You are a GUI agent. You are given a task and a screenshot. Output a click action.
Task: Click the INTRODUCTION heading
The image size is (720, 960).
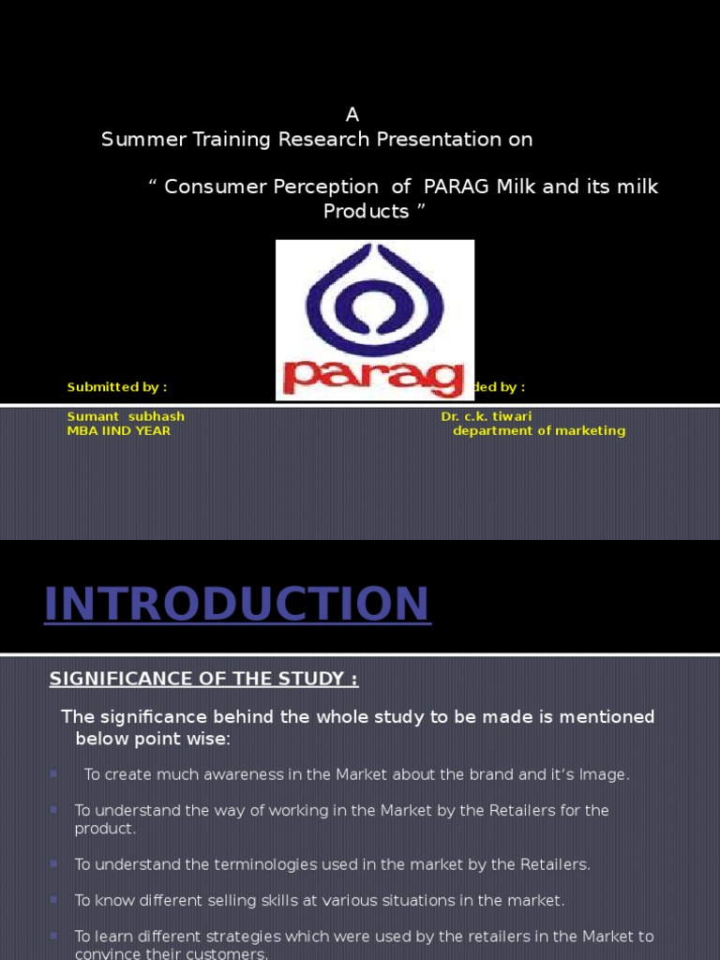pyautogui.click(x=237, y=604)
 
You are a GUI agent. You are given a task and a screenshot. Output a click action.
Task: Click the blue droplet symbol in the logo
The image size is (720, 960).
pyautogui.click(x=374, y=296)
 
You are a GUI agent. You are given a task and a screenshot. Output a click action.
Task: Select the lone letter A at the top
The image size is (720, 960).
pyautogui.click(x=352, y=115)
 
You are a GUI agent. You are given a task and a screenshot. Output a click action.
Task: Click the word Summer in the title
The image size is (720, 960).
pyautogui.click(x=137, y=140)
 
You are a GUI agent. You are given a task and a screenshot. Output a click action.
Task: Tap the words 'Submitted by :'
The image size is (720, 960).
pyautogui.click(x=117, y=387)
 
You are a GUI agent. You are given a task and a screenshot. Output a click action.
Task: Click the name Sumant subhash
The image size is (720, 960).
pyautogui.click(x=126, y=416)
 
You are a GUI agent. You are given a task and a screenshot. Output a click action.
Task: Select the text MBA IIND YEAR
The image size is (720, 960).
pyautogui.click(x=119, y=431)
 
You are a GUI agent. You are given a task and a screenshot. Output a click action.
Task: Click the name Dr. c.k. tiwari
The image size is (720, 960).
pyautogui.click(x=487, y=416)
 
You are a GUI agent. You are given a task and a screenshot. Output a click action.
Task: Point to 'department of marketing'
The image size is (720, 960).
pyautogui.click(x=539, y=431)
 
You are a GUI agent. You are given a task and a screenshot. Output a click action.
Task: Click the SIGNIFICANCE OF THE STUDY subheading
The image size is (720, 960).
pyautogui.click(x=203, y=679)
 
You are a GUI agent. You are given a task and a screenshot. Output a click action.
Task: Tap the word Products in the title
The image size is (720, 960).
pyautogui.click(x=366, y=212)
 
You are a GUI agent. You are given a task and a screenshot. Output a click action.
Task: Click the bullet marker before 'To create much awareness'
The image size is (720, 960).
pyautogui.click(x=53, y=773)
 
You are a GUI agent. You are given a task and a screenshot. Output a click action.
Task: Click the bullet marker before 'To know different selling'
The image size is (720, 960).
pyautogui.click(x=53, y=899)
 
